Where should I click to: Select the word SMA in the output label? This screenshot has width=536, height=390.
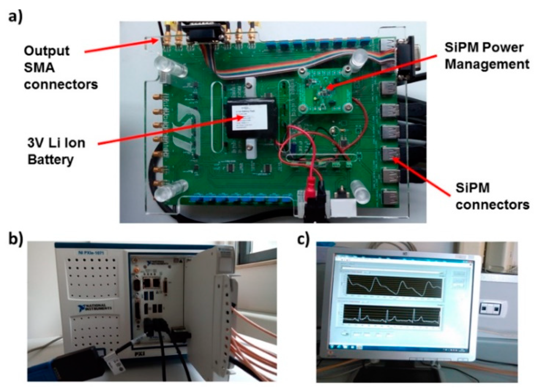pyautogui.click(x=39, y=68)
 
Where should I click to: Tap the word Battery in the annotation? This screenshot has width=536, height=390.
pyautogui.click(x=50, y=160)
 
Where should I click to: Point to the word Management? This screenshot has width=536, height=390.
pyautogui.click(x=487, y=65)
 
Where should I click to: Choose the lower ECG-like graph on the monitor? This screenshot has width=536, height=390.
pyautogui.click(x=392, y=317)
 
